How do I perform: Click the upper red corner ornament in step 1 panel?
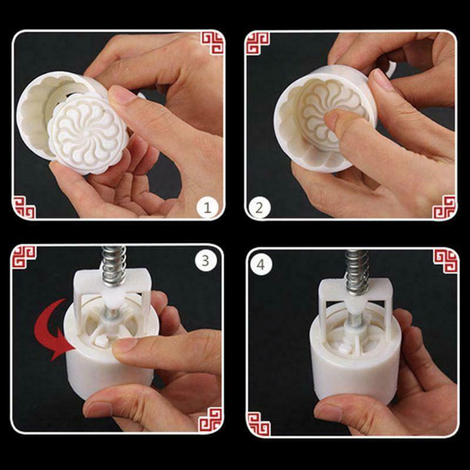click(211, 42)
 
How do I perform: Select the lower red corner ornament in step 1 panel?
click(24, 207)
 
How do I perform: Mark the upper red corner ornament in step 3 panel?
click(24, 257)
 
